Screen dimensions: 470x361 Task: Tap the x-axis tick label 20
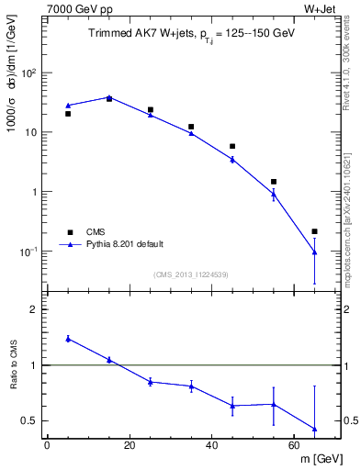point(130,445)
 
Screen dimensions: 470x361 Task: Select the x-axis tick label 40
point(212,445)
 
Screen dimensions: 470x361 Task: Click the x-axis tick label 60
point(295,445)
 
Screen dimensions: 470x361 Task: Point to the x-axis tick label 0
point(47,445)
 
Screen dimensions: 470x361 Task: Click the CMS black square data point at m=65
point(315,231)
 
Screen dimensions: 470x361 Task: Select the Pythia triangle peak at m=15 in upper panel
point(109,96)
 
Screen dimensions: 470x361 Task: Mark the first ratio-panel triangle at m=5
point(68,338)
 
